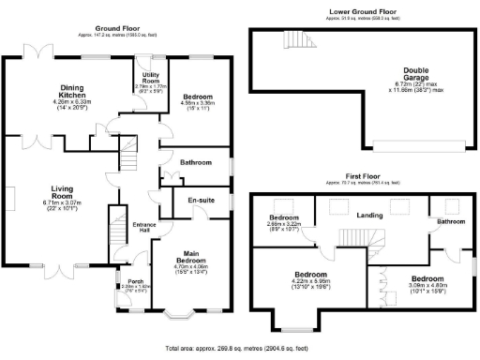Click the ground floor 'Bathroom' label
pos(196,162)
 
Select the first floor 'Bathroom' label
pos(450,221)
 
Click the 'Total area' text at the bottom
pos(240,349)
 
